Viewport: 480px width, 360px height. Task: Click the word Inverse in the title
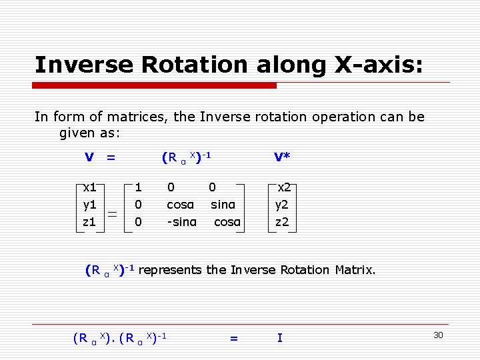coord(85,65)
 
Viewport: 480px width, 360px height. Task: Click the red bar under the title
coord(155,85)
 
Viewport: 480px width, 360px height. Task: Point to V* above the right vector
coord(282,157)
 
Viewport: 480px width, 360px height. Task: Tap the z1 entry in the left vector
coord(89,221)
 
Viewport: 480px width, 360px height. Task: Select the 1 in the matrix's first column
coord(138,187)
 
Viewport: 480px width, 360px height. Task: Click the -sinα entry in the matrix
coord(181,221)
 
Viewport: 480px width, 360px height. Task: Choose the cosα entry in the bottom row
coord(227,221)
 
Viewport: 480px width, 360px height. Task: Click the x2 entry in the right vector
coord(284,187)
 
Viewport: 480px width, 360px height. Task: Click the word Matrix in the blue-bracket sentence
coord(354,270)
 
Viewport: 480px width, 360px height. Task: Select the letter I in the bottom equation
coord(279,338)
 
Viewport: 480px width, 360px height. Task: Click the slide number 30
coord(438,335)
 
